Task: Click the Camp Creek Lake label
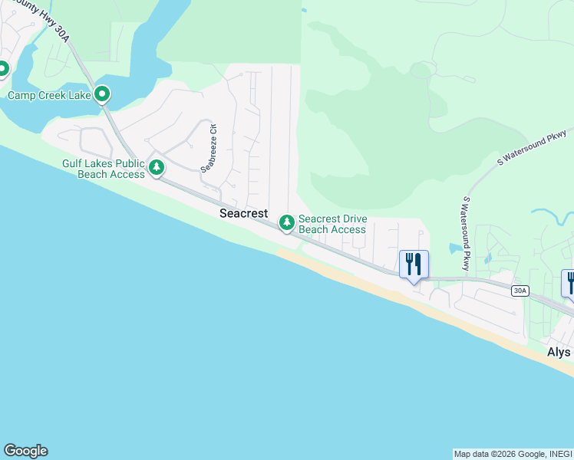[x=48, y=96]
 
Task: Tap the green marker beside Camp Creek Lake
[x=102, y=95]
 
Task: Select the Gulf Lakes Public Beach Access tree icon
[x=157, y=167]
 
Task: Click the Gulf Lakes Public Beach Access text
[x=104, y=169]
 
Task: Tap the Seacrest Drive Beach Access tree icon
[x=287, y=223]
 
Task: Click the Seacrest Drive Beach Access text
[x=332, y=224]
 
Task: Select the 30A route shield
[x=520, y=291]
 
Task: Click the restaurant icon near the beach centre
[x=414, y=264]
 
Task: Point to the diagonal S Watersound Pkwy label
[x=533, y=149]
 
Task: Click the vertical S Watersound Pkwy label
[x=466, y=233]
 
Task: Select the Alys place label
[x=559, y=352]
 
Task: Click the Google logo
[x=25, y=451]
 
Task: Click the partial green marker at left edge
[x=2, y=69]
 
